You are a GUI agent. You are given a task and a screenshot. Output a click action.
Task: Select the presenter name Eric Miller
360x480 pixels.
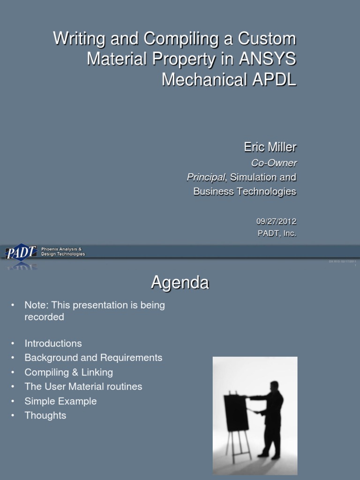270,147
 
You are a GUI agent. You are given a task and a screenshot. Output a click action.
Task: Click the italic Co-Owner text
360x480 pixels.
274,163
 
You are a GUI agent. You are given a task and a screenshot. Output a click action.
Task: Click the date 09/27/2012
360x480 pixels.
277,222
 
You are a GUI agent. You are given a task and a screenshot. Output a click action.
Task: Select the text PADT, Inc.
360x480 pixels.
277,233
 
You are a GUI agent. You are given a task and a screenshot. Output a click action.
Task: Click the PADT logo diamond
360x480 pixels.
21,253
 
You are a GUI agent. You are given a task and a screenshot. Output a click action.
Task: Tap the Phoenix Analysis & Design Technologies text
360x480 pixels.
63,252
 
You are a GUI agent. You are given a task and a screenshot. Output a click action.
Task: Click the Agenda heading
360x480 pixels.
180,283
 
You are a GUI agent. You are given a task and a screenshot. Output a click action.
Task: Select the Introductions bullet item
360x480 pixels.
53,344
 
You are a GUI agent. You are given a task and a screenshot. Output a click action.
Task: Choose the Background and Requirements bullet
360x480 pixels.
93,358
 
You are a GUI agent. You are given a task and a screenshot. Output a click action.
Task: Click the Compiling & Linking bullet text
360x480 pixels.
68,372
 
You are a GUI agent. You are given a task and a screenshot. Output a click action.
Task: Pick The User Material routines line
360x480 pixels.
83,387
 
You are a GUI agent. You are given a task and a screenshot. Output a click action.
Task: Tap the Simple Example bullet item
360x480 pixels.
60,401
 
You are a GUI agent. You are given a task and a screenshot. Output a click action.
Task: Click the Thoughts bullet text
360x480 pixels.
45,415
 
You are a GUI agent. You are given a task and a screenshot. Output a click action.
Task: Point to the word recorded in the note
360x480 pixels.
44,317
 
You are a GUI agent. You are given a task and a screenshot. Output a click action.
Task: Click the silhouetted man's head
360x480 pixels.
274,386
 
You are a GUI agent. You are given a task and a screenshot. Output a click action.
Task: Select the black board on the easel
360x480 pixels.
236,412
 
